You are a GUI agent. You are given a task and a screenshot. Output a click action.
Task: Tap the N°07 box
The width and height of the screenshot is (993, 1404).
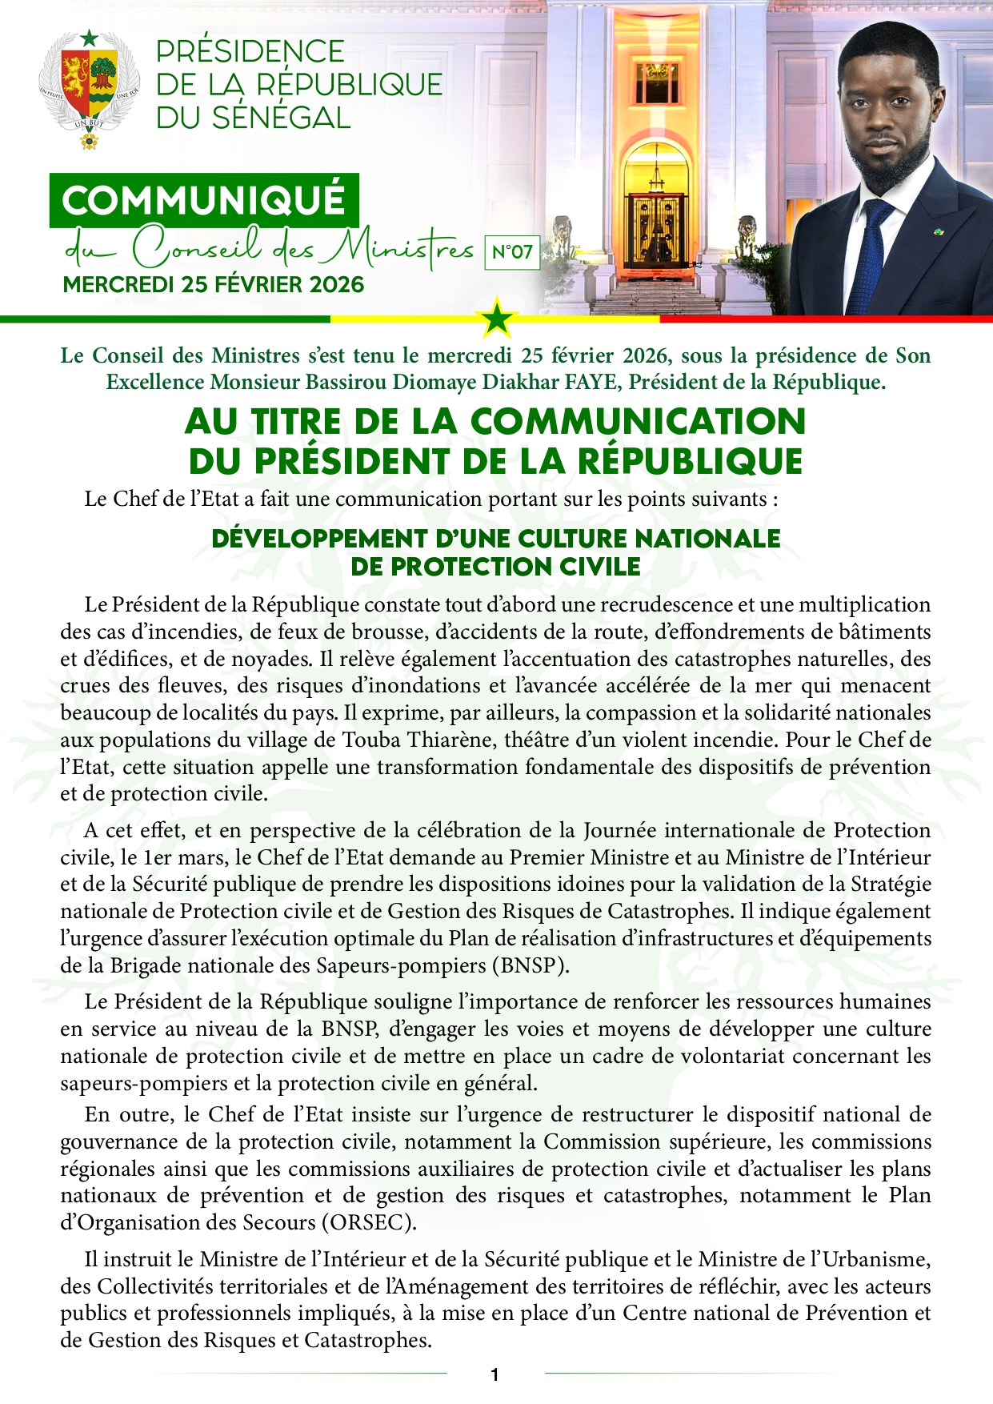click(512, 252)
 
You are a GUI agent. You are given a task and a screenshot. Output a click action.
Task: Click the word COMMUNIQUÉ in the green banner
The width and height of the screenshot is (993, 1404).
click(203, 200)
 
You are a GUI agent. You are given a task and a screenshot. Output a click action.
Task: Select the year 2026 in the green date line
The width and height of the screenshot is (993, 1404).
click(335, 285)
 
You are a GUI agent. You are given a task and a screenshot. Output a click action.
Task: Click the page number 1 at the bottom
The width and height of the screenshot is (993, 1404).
click(495, 1375)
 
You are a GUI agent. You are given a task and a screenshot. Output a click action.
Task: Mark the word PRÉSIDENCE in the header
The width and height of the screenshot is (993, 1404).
click(250, 51)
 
